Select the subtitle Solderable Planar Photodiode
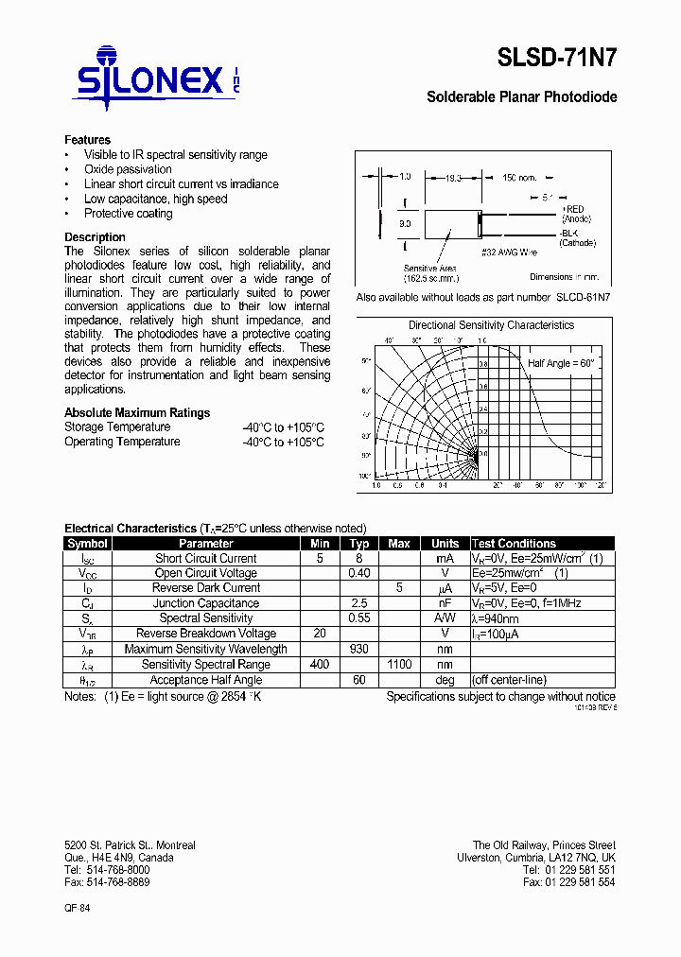coord(521,97)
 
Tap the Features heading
coord(87,140)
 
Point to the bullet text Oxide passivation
coord(128,169)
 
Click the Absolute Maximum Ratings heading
coord(137,412)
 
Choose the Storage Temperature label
coord(117,427)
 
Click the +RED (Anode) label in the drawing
coord(574,214)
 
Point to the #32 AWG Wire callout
coord(510,252)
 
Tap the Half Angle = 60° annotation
coord(561,363)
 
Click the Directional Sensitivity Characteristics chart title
coord(491,325)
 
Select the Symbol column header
coord(88,544)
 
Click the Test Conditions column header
coord(514,544)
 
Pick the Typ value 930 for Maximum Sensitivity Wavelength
coord(358,649)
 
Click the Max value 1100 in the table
coord(399,664)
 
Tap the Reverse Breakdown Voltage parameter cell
coord(206,634)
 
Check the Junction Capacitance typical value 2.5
coord(358,603)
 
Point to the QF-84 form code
coord(78,907)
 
